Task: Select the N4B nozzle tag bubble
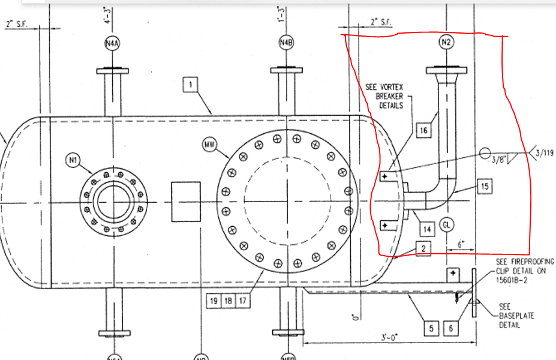point(286,43)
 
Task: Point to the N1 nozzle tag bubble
point(74,160)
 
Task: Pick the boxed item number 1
point(190,85)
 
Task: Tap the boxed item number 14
point(426,229)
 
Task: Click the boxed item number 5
point(431,328)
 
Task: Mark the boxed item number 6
point(450,328)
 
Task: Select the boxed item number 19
point(214,301)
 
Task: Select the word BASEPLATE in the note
point(518,316)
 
